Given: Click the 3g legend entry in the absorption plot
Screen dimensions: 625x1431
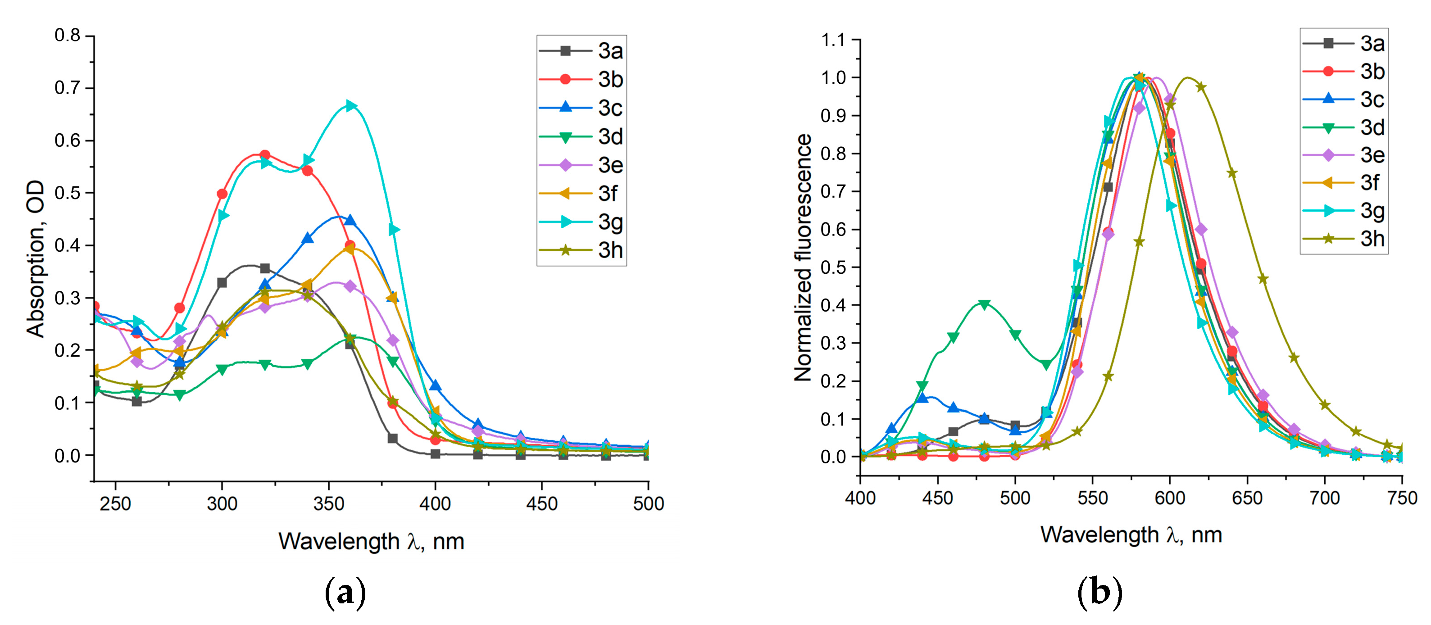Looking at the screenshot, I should pyautogui.click(x=582, y=222).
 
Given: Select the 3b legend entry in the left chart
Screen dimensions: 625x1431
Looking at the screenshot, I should pyautogui.click(x=582, y=79).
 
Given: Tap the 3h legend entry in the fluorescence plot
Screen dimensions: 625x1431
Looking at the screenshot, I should pyautogui.click(x=1345, y=239).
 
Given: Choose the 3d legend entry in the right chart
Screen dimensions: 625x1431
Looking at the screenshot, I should pyautogui.click(x=1345, y=128).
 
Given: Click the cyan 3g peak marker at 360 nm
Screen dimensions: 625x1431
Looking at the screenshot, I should pyautogui.click(x=350, y=105).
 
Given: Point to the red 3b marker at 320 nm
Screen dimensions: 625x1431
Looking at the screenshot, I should pyautogui.click(x=265, y=155).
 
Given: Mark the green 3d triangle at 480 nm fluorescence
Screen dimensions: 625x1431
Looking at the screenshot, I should pyautogui.click(x=984, y=304).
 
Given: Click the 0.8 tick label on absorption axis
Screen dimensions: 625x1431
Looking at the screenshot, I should pyautogui.click(x=67, y=36).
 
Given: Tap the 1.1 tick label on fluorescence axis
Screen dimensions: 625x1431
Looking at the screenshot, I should pyautogui.click(x=833, y=40).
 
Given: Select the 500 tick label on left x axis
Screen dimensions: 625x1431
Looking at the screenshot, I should pyautogui.click(x=648, y=504).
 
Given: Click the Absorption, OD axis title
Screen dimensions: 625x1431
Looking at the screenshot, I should pyautogui.click(x=35, y=258).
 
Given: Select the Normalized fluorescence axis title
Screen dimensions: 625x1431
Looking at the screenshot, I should pyautogui.click(x=803, y=257).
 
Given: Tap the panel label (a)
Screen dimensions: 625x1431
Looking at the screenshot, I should pyautogui.click(x=345, y=593).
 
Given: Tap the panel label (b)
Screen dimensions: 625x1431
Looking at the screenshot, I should pyautogui.click(x=1099, y=593).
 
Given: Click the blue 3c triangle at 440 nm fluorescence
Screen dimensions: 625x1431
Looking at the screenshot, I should pyautogui.click(x=922, y=398).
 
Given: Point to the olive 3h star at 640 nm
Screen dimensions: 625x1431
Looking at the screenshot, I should pyautogui.click(x=1232, y=173).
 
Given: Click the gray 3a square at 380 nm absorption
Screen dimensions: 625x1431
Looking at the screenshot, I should pyautogui.click(x=393, y=438).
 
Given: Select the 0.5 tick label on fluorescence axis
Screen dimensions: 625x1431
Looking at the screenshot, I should pyautogui.click(x=833, y=267).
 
